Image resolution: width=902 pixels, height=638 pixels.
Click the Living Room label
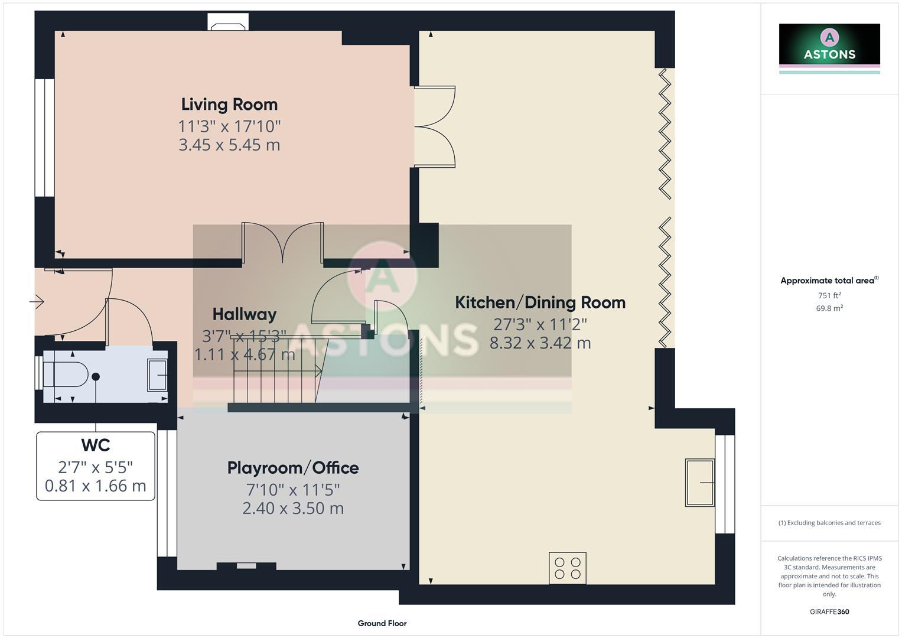229,105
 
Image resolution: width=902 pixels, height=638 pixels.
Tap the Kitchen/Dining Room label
540,302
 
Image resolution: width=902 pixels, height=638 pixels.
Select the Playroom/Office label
293,468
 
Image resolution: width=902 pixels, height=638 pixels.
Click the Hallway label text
244,314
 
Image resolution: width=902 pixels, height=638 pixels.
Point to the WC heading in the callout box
96,445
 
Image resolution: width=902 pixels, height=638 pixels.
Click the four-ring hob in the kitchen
567,568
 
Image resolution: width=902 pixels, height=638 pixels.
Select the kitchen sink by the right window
699,483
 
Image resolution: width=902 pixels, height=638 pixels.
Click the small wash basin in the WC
157,375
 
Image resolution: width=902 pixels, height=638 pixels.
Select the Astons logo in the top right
829,47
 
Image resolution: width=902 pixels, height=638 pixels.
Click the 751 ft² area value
829,295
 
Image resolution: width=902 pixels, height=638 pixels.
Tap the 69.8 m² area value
829,308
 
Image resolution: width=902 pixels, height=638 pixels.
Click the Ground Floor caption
382,623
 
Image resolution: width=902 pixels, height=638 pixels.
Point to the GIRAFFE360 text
829,612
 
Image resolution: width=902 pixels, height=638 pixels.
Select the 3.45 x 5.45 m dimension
229,145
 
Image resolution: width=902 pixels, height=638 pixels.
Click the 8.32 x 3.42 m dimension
540,343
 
